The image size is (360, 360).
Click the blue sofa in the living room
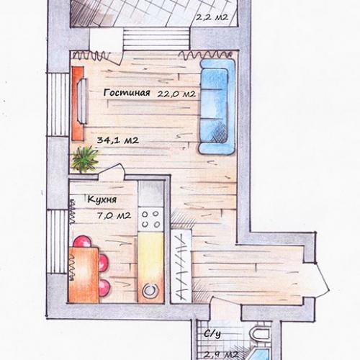pyautogui.click(x=217, y=107)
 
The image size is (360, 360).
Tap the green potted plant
pyautogui.click(x=85, y=159)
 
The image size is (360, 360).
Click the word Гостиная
pyautogui.click(x=127, y=93)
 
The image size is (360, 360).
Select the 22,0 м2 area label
pyautogui.click(x=176, y=94)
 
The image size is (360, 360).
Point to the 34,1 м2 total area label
pyautogui.click(x=118, y=140)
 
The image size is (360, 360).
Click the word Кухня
pyautogui.click(x=102, y=199)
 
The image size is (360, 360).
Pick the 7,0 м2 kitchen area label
pyautogui.click(x=114, y=215)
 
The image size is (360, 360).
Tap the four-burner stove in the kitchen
pyautogui.click(x=150, y=220)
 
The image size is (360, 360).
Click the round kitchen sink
pyautogui.click(x=150, y=291)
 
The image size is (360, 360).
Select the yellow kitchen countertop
pyautogui.click(x=151, y=257)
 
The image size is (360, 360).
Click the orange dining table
pyautogui.click(x=84, y=275)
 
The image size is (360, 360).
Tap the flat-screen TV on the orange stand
pyautogui.click(x=81, y=101)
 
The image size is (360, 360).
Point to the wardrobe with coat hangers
pyautogui.click(x=181, y=265)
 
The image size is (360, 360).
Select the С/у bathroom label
pyautogui.click(x=212, y=334)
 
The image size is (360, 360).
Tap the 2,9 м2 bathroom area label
pyautogui.click(x=221, y=355)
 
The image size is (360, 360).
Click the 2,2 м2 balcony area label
pyautogui.click(x=212, y=17)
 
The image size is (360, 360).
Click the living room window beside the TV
pyautogui.click(x=58, y=104)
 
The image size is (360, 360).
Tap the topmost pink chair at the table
pyautogui.click(x=82, y=241)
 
